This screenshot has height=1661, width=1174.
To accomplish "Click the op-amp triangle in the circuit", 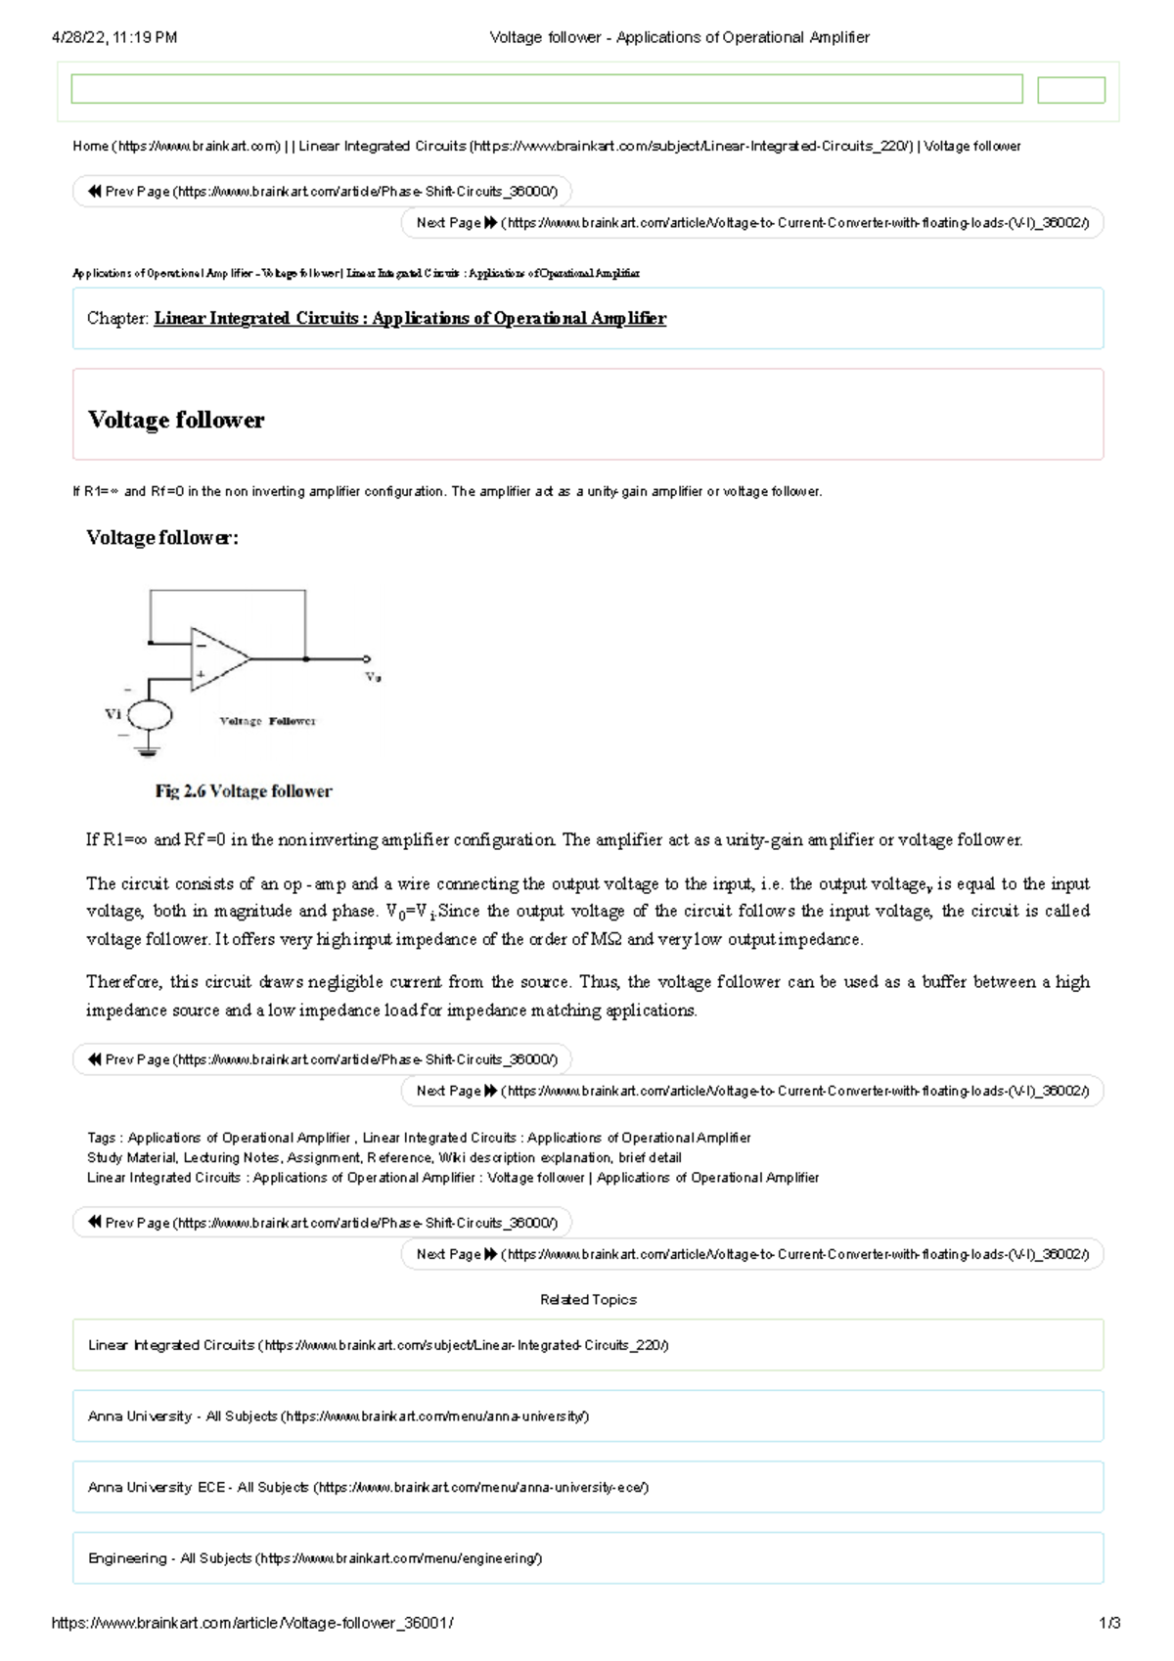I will click(217, 658).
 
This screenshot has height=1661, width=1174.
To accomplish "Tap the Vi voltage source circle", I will click(150, 715).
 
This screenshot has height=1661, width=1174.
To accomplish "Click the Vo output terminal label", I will click(373, 677).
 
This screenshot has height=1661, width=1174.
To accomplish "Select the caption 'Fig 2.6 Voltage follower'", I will click(244, 791).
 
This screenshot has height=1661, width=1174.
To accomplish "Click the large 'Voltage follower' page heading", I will click(176, 420).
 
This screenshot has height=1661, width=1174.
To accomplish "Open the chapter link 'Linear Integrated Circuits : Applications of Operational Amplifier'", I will click(410, 318).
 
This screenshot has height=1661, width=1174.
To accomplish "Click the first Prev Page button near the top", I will click(322, 192).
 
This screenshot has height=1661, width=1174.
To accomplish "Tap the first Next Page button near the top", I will click(751, 223).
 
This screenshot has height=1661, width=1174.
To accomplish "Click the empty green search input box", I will click(546, 89).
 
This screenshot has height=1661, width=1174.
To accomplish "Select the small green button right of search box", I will click(1070, 90).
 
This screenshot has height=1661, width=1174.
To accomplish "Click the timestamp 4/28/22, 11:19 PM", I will click(114, 37).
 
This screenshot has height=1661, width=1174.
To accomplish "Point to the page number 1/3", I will click(1109, 1623).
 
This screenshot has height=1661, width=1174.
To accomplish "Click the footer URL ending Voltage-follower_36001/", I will click(252, 1623).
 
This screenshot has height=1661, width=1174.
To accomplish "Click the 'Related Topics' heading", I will click(588, 1300).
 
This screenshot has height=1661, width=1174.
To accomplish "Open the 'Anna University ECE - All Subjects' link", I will click(368, 1487).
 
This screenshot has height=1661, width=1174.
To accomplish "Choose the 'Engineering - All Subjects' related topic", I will click(315, 1558).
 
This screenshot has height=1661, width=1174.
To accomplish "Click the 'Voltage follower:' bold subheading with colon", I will click(162, 537).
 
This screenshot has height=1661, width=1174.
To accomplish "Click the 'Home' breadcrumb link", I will click(90, 147).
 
